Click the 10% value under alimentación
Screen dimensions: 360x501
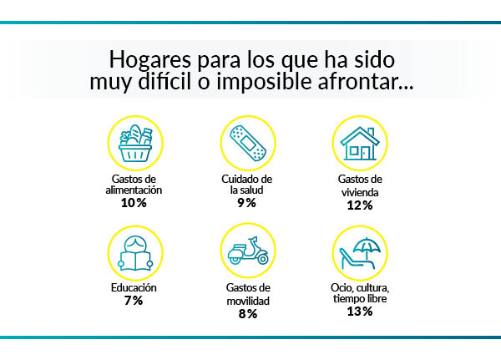tap(132, 203)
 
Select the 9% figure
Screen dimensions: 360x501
tap(246, 203)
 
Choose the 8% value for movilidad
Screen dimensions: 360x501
tap(247, 314)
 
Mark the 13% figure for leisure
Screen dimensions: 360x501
tap(360, 312)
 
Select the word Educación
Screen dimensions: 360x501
tap(134, 288)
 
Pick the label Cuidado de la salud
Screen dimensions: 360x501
tap(248, 184)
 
